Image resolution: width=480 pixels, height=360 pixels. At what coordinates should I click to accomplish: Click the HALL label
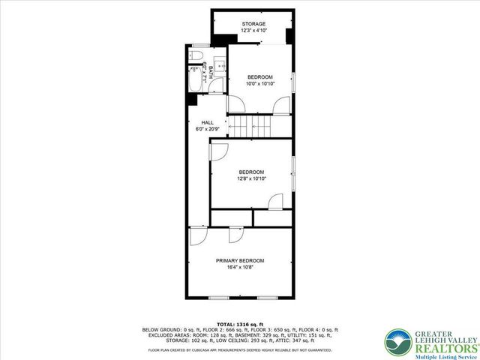tap(207, 122)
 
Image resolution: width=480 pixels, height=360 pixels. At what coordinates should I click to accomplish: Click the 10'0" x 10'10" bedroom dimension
tap(260, 83)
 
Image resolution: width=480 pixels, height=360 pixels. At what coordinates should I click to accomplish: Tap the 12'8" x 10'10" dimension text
tap(251, 178)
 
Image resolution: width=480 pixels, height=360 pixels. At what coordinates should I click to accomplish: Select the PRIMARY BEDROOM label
tap(240, 260)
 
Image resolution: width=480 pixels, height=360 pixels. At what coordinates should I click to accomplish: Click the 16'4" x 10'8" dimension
tap(240, 267)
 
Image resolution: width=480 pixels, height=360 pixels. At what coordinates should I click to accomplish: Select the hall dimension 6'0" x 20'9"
tap(207, 128)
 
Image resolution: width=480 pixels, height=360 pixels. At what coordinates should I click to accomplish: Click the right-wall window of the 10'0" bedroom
tap(294, 80)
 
